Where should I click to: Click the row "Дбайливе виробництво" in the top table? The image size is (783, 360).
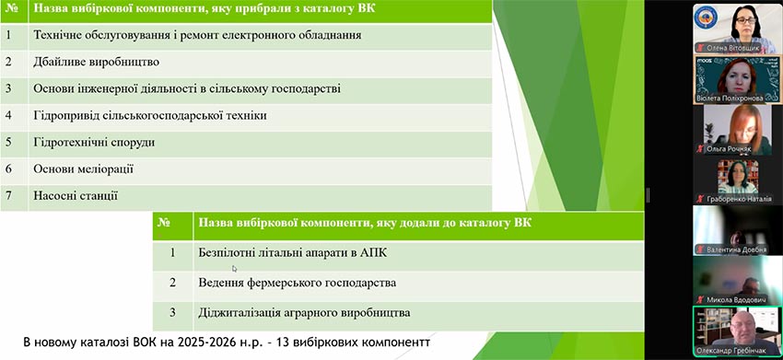[x=97, y=63]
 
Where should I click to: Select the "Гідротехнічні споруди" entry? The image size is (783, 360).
[x=94, y=143]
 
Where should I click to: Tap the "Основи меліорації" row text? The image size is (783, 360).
[x=84, y=168]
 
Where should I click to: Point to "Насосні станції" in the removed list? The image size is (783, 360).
[x=76, y=196]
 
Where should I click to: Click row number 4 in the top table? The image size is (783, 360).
[x=8, y=115]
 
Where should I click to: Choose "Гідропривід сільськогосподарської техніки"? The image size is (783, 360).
[x=150, y=116]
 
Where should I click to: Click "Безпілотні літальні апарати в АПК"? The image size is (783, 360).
[x=293, y=253]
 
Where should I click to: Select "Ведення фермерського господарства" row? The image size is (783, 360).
[x=298, y=283]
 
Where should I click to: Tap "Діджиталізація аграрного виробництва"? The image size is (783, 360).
[x=304, y=314]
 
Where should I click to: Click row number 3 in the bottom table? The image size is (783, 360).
[x=173, y=313]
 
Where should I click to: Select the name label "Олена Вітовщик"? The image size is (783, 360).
[x=733, y=49]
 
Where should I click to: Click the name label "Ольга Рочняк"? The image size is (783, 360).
[x=729, y=148]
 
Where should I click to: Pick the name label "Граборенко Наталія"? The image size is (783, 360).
[x=739, y=199]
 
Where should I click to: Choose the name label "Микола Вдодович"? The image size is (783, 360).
[x=737, y=299]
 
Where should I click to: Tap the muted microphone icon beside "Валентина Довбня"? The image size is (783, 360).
[x=701, y=250]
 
